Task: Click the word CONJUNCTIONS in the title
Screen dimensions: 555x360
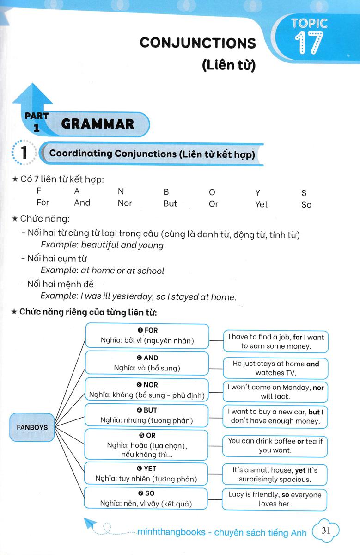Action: pos(197,43)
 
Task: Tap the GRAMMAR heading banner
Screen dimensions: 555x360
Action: pos(98,124)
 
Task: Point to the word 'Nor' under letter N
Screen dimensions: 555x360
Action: pos(125,203)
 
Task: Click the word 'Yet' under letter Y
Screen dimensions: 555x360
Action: pos(261,204)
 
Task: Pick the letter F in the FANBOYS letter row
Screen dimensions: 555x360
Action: pos(39,191)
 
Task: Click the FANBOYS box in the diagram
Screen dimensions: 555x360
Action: pos(32,427)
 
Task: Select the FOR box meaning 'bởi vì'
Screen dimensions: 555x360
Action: pos(147,336)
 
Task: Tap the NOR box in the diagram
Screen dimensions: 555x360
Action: pos(147,390)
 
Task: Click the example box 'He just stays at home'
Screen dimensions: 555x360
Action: pos(276,368)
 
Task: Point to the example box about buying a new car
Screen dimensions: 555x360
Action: pos(275,416)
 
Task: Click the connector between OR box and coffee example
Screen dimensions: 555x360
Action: pos(215,445)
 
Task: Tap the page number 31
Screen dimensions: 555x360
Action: pos(326,530)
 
